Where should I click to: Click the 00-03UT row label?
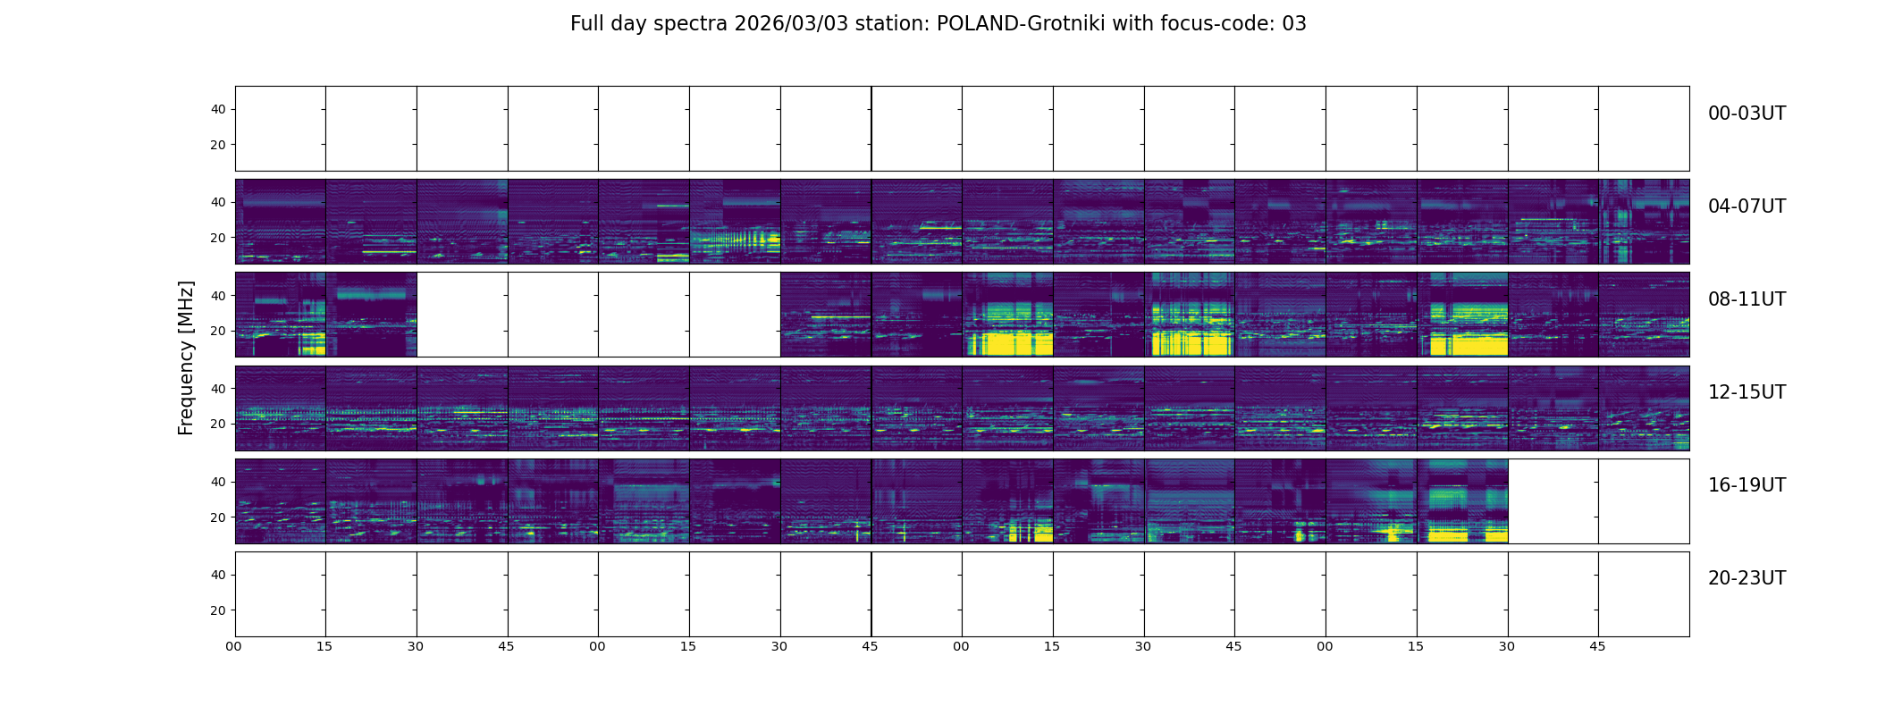pos(1747,114)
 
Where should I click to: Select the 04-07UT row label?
pos(1747,206)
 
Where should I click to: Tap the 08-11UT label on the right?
pos(1747,299)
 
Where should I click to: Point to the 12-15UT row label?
pos(1747,392)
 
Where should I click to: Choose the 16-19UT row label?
pos(1747,485)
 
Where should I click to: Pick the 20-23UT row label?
pos(1747,578)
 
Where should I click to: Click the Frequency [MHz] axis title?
pos(186,358)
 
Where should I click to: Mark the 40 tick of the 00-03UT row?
pos(218,110)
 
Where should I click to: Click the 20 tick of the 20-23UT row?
pos(218,610)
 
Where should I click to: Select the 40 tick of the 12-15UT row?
pos(218,389)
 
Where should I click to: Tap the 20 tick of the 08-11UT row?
pos(218,331)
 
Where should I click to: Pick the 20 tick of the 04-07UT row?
pos(218,238)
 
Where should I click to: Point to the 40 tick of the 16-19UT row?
pos(218,482)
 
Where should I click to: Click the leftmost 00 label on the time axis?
pos(234,646)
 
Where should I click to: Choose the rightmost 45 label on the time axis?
pos(1597,646)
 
